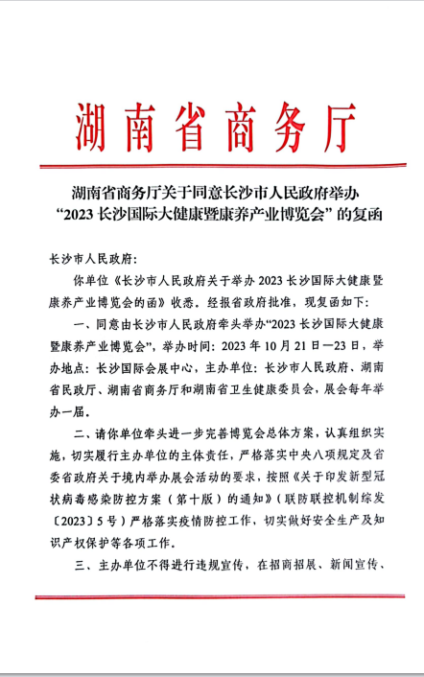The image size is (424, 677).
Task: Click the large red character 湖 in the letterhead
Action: click(x=95, y=119)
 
